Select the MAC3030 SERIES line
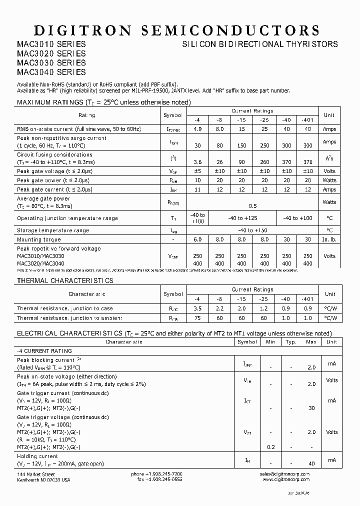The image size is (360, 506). click(51, 62)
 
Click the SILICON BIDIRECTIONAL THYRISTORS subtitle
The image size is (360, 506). click(259, 44)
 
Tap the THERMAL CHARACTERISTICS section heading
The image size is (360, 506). click(65, 281)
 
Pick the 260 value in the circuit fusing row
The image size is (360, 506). click(264, 162)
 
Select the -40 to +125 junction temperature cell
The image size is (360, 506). click(242, 218)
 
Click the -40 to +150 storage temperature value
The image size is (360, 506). click(253, 230)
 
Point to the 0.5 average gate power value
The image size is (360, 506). click(253, 205)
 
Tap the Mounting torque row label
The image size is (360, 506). click(39, 239)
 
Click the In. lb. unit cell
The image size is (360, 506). click(329, 239)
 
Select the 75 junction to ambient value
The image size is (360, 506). click(197, 318)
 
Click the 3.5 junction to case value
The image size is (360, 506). click(197, 308)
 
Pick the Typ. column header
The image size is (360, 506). click(290, 342)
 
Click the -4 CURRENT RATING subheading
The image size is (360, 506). click(44, 351)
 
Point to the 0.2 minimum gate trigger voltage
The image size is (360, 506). click(270, 447)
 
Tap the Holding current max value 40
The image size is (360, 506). click(311, 463)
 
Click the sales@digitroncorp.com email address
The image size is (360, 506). click(285, 473)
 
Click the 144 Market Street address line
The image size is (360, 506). click(36, 473)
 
